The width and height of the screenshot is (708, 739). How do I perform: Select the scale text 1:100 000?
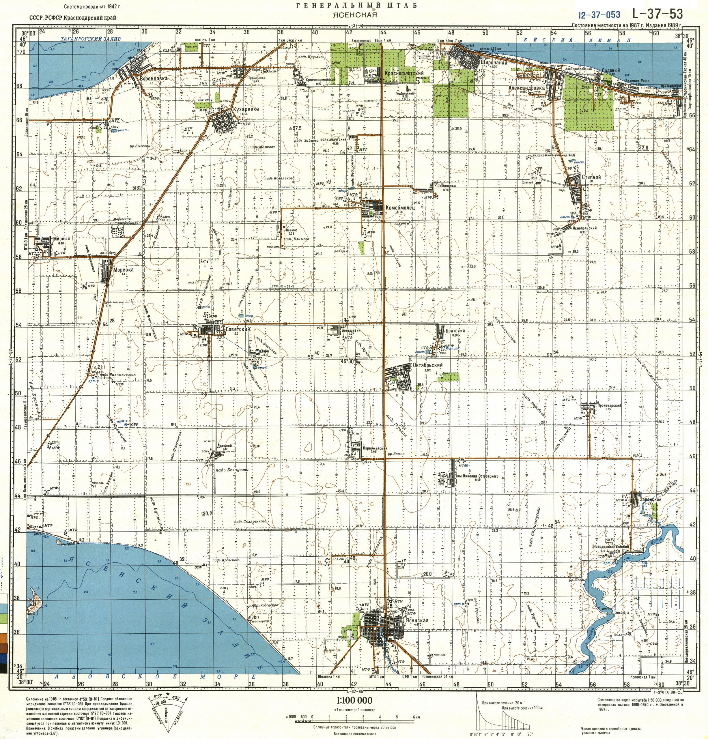[354, 701]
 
